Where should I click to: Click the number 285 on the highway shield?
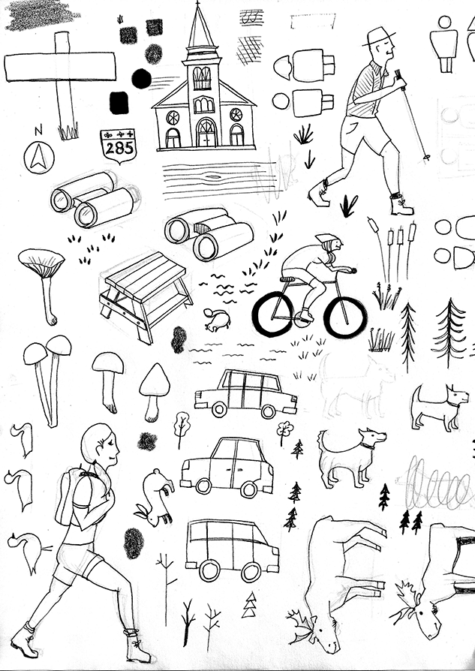pyautogui.click(x=119, y=148)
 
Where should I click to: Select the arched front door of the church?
pyautogui.click(x=206, y=134)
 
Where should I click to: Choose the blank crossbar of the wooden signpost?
pyautogui.click(x=60, y=67)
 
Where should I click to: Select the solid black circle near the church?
pyautogui.click(x=140, y=77)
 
